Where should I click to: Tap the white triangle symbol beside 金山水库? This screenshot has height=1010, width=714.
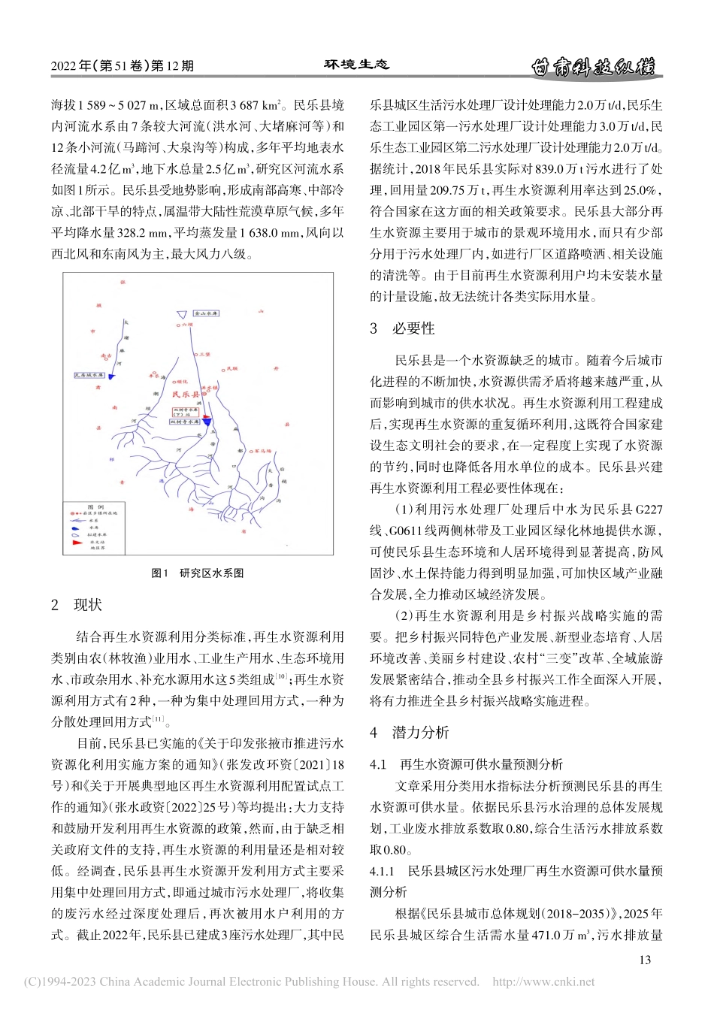coord(180,315)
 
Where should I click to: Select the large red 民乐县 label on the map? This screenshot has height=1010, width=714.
coord(185,394)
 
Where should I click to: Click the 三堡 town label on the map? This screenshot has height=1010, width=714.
coord(204,353)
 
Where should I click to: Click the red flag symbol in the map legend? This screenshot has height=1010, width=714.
coord(76,540)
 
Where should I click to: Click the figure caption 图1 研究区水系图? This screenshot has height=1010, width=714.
coord(198,573)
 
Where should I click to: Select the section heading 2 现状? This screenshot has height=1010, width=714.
coord(76,605)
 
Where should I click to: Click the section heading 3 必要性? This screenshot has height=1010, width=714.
coord(402,328)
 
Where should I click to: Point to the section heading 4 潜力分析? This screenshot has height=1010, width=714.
coord(410,732)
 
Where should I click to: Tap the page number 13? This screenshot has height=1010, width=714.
coord(644,960)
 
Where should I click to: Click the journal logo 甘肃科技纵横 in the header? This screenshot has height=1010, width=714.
coord(592,67)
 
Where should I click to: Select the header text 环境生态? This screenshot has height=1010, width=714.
coord(357,65)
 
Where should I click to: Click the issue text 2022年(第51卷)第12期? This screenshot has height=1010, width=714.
coord(123,66)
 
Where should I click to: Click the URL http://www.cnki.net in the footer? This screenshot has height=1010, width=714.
coord(543,981)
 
